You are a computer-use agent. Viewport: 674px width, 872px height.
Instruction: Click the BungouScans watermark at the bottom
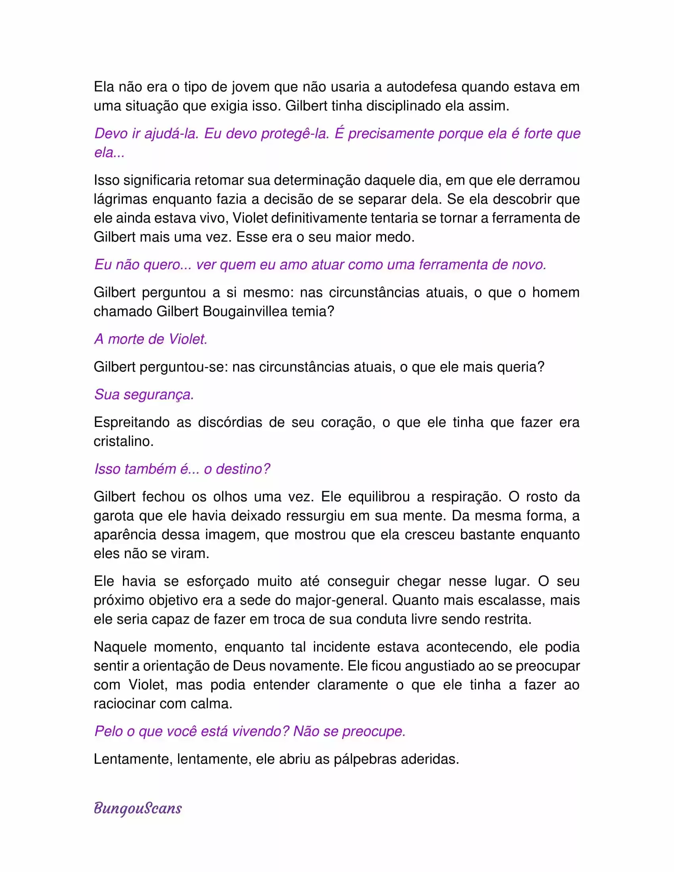pyautogui.click(x=138, y=808)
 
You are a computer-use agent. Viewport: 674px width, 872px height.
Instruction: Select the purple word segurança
pyautogui.click(x=159, y=394)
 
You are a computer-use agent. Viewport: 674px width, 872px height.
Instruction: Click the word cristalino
pyautogui.click(x=123, y=441)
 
